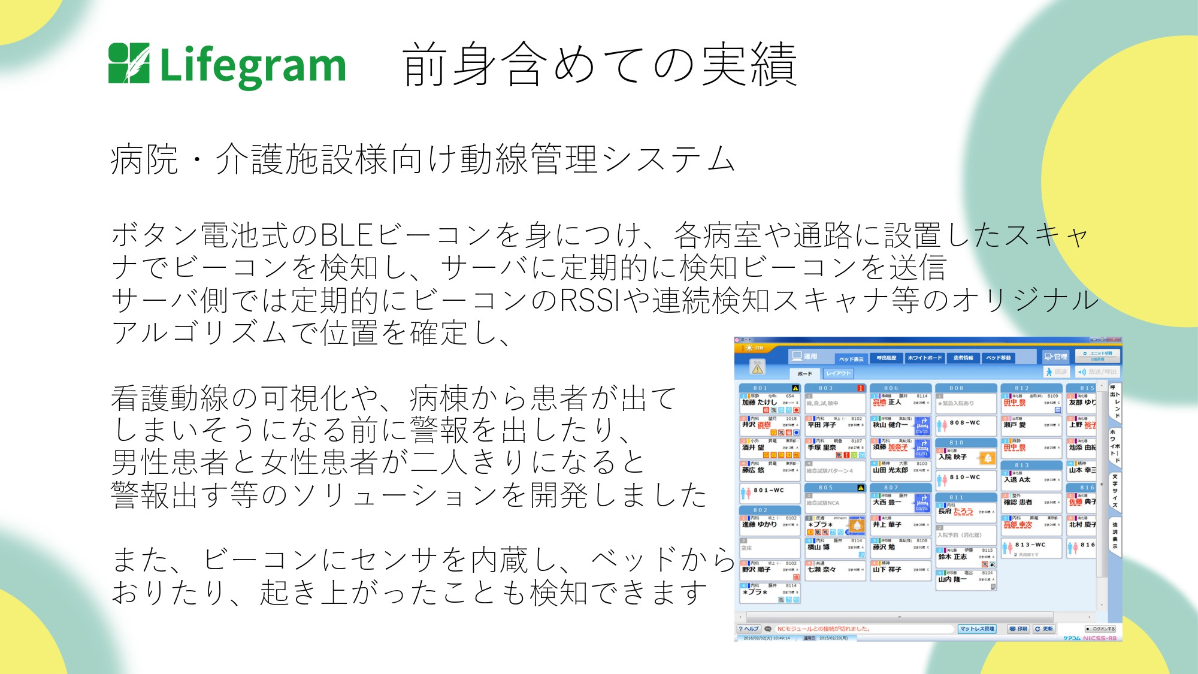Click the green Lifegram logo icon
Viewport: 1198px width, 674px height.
coord(129,63)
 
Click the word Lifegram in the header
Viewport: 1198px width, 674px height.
coord(253,66)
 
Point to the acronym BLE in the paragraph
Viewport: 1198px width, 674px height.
coord(347,235)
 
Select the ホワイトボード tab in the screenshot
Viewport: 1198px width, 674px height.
coord(924,358)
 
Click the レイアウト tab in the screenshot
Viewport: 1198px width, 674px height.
coord(838,373)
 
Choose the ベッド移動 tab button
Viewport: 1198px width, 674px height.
coord(999,358)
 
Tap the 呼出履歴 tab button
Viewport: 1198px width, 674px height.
coord(887,358)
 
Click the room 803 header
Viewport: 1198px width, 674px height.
coord(827,388)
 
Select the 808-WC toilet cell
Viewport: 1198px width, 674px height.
coord(966,424)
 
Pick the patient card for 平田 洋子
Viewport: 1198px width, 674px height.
coord(835,425)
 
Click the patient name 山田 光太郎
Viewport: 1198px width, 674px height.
coord(890,470)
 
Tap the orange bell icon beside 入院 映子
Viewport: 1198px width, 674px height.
coord(987,459)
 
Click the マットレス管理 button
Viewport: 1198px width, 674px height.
coord(977,628)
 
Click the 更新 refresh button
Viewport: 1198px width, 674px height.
coord(1043,628)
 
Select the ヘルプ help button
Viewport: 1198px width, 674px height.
coord(749,628)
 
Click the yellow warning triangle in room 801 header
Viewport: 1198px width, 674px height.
coord(795,388)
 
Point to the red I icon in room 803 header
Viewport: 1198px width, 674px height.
coord(860,388)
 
